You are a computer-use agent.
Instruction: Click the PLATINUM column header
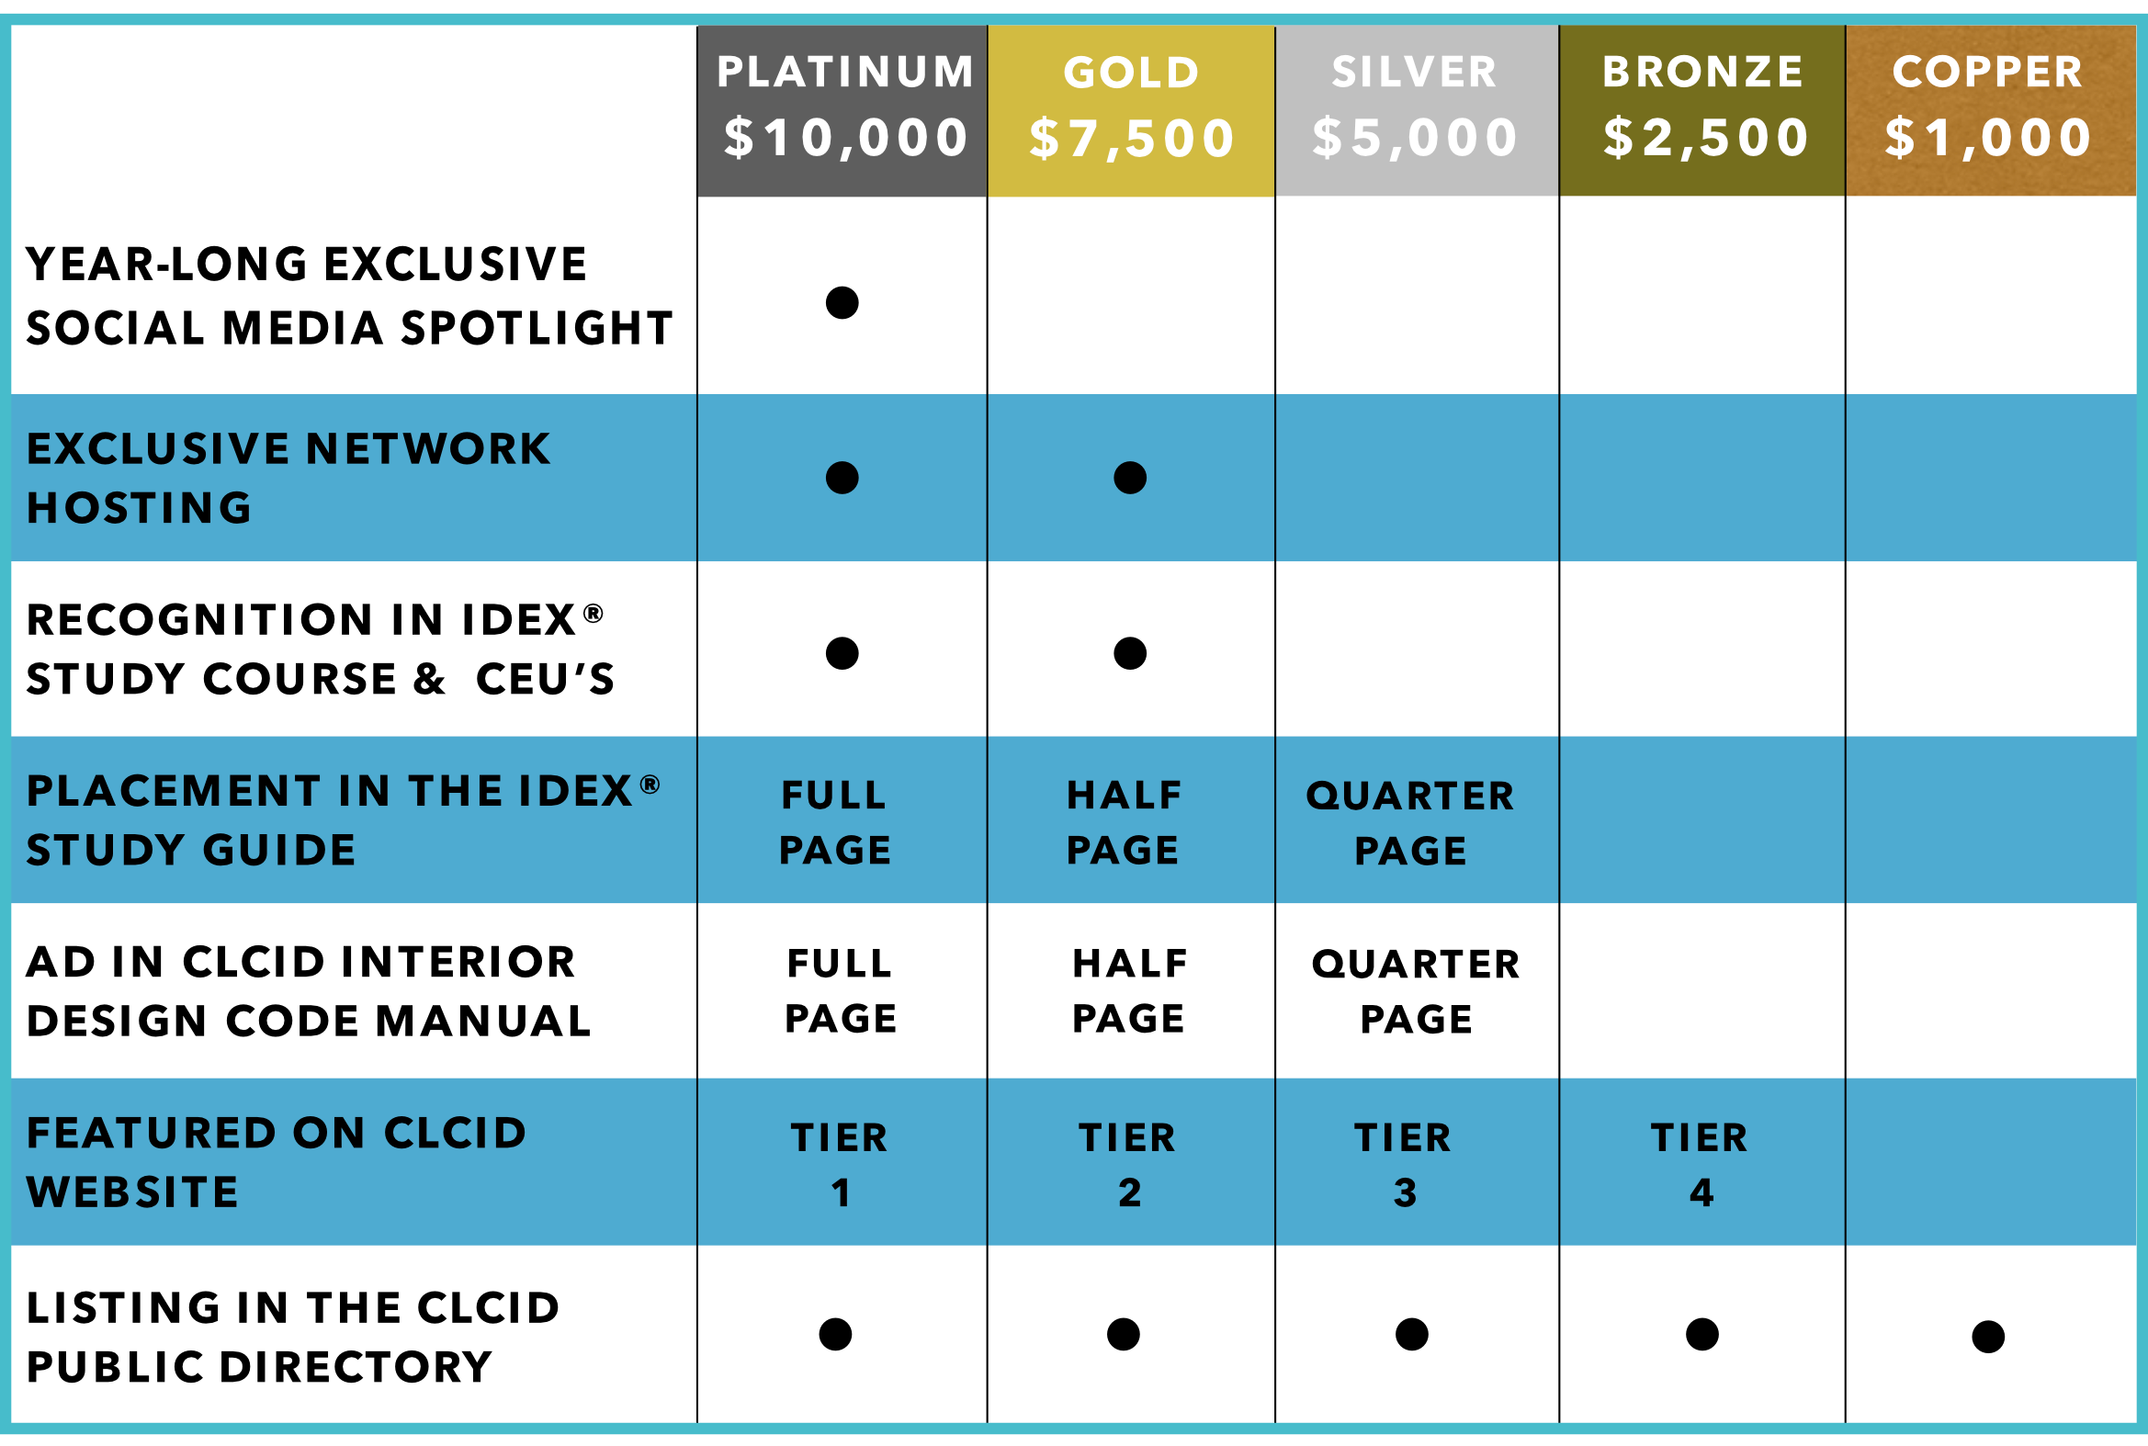pos(845,72)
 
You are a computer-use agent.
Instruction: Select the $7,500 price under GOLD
pos(1132,139)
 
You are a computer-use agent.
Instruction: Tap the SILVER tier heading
pos(1414,72)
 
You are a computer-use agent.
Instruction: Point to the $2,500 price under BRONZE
pos(1705,139)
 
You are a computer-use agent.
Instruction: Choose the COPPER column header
pos(1987,72)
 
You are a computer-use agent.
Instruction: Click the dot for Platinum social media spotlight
pos(842,302)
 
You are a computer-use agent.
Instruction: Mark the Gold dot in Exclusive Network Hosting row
pos(1130,478)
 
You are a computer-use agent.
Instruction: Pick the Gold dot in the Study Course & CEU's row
pos(1130,653)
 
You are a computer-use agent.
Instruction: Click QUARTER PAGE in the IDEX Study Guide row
pos(1410,822)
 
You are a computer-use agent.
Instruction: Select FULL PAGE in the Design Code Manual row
pos(841,990)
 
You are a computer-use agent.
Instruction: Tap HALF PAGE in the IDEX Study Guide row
pos(1124,821)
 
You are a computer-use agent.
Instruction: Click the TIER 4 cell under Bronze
pos(1700,1165)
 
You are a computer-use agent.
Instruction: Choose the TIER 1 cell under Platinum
pos(840,1165)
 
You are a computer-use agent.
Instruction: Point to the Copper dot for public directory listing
pos(1988,1337)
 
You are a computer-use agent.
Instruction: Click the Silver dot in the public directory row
pos(1412,1335)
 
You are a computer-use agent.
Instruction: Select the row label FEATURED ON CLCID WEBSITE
pos(276,1163)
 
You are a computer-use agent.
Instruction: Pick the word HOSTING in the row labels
pos(140,508)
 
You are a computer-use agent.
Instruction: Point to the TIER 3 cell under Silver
pos(1403,1165)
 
